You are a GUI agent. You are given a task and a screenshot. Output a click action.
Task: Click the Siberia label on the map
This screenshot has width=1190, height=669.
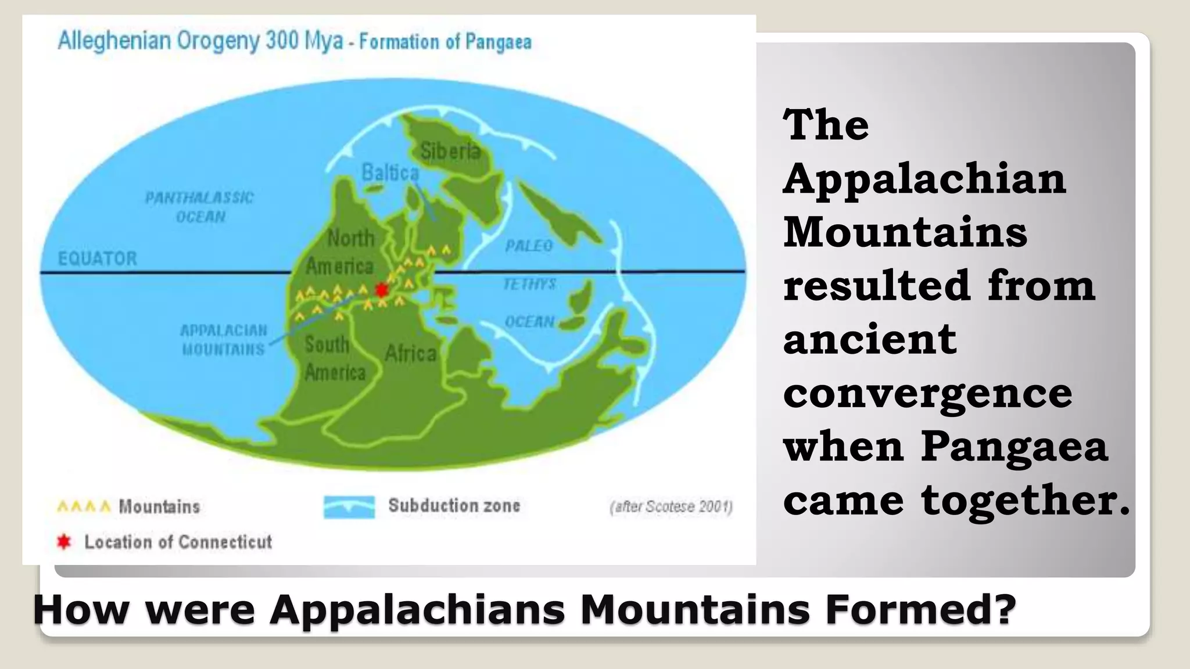click(x=450, y=152)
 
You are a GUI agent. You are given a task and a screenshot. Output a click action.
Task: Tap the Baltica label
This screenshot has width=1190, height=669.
click(x=390, y=172)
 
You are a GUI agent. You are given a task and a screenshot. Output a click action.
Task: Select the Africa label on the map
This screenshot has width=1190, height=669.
click(x=410, y=353)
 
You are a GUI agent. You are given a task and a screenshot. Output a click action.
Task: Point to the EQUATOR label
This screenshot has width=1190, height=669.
click(x=98, y=258)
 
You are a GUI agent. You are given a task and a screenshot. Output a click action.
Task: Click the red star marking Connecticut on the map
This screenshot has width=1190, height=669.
click(x=381, y=290)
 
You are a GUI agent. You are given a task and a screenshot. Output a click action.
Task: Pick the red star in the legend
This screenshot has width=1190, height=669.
click(x=63, y=542)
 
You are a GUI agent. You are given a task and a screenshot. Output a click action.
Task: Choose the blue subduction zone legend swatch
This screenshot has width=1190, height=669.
click(x=349, y=506)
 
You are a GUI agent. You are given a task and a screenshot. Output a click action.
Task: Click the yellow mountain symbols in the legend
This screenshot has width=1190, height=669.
click(x=84, y=507)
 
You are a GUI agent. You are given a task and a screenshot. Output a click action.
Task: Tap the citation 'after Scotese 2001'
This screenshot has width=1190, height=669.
click(x=671, y=507)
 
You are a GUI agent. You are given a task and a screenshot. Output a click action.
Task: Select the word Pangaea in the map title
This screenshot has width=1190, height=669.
click(x=498, y=42)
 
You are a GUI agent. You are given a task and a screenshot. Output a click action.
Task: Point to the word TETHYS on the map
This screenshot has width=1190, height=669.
click(x=529, y=284)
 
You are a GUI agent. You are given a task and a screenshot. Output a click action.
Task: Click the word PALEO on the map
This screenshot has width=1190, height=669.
click(x=529, y=246)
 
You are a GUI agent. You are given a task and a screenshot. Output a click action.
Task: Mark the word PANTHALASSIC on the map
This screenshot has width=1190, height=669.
click(x=199, y=198)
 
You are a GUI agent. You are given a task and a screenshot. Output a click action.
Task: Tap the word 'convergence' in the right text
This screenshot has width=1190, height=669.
click(x=927, y=393)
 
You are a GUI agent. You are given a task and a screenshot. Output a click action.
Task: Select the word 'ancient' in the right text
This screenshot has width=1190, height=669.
click(x=870, y=339)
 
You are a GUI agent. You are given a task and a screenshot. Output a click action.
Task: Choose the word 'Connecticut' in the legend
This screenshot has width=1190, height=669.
click(x=225, y=542)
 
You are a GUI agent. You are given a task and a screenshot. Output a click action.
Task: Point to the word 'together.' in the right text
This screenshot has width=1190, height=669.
click(x=1026, y=500)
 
